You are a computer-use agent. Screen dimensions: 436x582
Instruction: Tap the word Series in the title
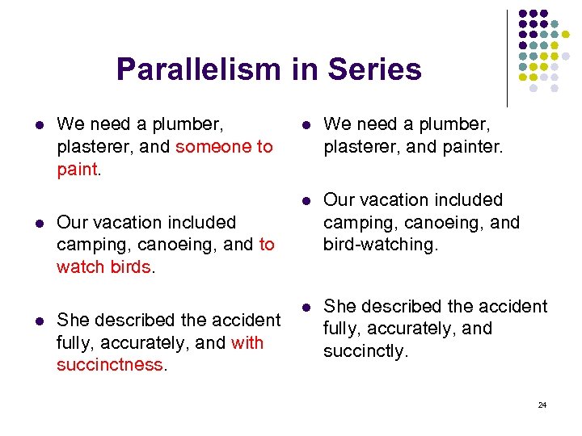(374, 69)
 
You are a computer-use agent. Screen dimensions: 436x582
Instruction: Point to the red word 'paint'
(77, 169)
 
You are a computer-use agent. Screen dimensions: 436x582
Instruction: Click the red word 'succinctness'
(110, 365)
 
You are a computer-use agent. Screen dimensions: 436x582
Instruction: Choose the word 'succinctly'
(365, 350)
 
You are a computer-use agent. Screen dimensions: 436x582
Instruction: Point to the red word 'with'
(247, 343)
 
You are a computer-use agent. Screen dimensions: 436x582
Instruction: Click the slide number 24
(542, 405)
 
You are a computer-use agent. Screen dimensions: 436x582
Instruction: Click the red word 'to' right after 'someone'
(264, 147)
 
